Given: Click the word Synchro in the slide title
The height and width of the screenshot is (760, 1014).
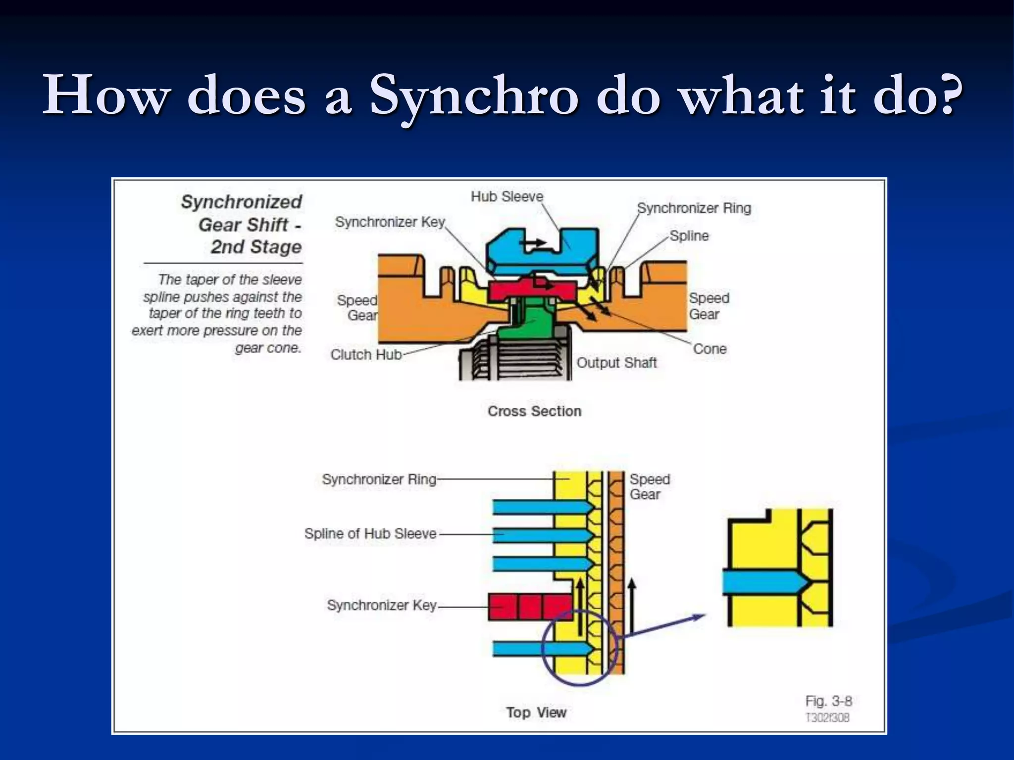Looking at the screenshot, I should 473,95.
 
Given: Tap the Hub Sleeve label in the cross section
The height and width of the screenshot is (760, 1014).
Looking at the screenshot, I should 507,196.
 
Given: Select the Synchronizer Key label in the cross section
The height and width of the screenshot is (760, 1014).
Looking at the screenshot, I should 390,222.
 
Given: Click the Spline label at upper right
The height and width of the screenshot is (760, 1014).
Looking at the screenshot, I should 689,236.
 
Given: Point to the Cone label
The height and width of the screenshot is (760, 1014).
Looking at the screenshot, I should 710,349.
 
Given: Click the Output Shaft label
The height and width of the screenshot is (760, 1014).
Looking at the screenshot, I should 616,363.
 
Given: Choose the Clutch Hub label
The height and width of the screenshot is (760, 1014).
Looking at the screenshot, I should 366,355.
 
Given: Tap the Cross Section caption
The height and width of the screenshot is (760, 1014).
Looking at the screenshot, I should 534,411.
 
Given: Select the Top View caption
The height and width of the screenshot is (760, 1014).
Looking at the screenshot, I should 536,712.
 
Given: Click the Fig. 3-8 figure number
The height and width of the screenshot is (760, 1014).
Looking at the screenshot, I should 828,701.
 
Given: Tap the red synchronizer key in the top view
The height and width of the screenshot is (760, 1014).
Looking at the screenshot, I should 530,607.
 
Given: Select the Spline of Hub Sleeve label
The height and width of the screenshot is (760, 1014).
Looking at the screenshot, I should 370,534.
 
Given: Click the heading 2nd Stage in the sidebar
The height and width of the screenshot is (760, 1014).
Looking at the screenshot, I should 256,246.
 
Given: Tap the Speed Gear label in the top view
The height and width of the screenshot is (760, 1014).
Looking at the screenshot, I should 650,486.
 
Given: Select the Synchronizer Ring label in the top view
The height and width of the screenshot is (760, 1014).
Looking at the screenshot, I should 379,479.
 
